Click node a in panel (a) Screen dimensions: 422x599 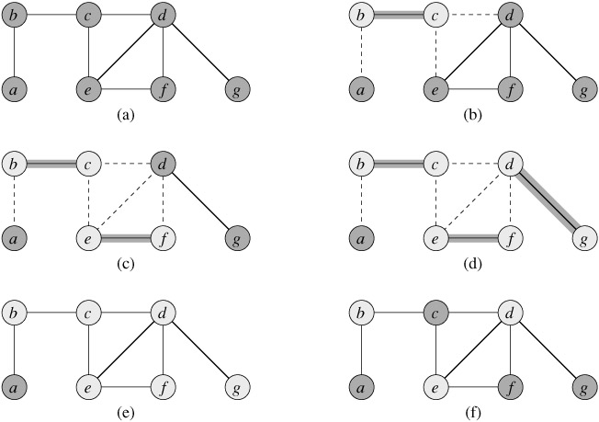(x=15, y=91)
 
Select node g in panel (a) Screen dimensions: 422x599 (x=237, y=91)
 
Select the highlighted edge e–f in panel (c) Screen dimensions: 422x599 (x=125, y=239)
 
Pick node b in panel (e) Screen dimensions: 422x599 (x=15, y=314)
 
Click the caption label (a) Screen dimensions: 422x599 (x=125, y=116)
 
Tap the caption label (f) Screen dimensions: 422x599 (x=473, y=413)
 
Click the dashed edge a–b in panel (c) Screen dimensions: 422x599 (x=15, y=202)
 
